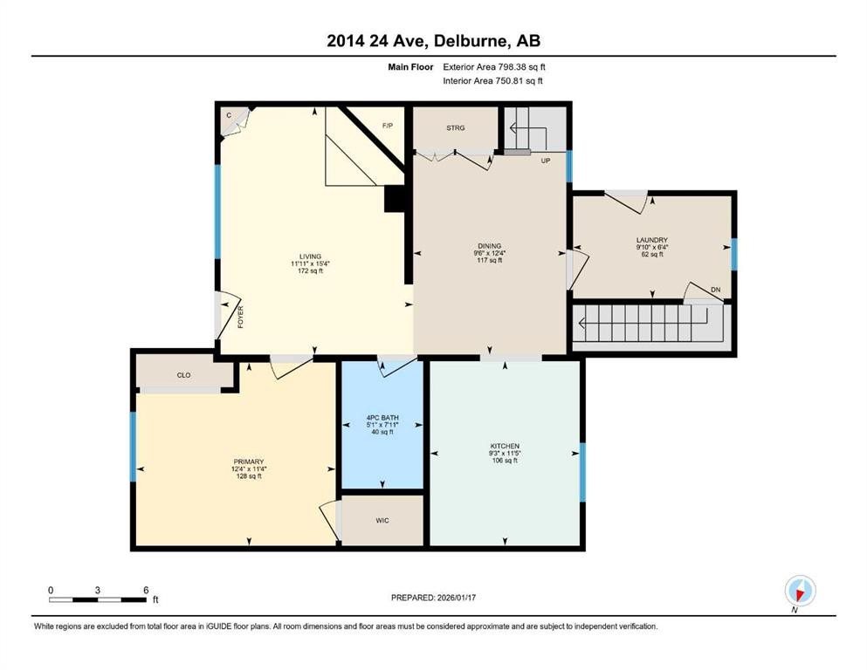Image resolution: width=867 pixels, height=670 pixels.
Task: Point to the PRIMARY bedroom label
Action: [x=248, y=461]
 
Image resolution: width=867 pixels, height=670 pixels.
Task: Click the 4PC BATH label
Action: [x=382, y=418]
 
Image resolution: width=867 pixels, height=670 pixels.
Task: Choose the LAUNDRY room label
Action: [x=651, y=240]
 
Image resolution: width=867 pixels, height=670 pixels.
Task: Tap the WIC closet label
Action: [x=382, y=521]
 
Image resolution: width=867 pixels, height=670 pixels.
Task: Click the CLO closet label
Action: [x=183, y=375]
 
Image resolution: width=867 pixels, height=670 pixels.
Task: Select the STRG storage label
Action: [x=455, y=128]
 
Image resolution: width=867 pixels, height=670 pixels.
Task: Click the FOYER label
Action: [x=240, y=316]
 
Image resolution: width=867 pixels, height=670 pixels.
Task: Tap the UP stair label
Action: [x=545, y=161]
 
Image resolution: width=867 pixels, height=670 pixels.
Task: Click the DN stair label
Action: [x=715, y=290]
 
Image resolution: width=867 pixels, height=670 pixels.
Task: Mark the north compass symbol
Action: [x=799, y=591]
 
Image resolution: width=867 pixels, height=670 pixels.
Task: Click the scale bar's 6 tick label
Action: [x=144, y=590]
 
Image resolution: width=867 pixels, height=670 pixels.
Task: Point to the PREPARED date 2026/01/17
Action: [x=433, y=598]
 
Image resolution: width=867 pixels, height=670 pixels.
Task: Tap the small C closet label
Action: [x=229, y=115]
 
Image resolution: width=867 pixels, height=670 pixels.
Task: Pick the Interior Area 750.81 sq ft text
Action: [x=493, y=81]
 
